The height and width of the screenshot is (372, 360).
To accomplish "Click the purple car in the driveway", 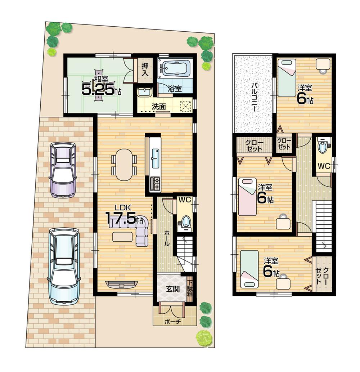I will (63, 169).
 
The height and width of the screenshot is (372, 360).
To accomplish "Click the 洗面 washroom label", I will (158, 106).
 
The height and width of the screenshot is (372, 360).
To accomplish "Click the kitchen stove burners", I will (155, 184).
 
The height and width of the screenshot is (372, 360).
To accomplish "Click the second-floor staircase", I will (323, 225).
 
